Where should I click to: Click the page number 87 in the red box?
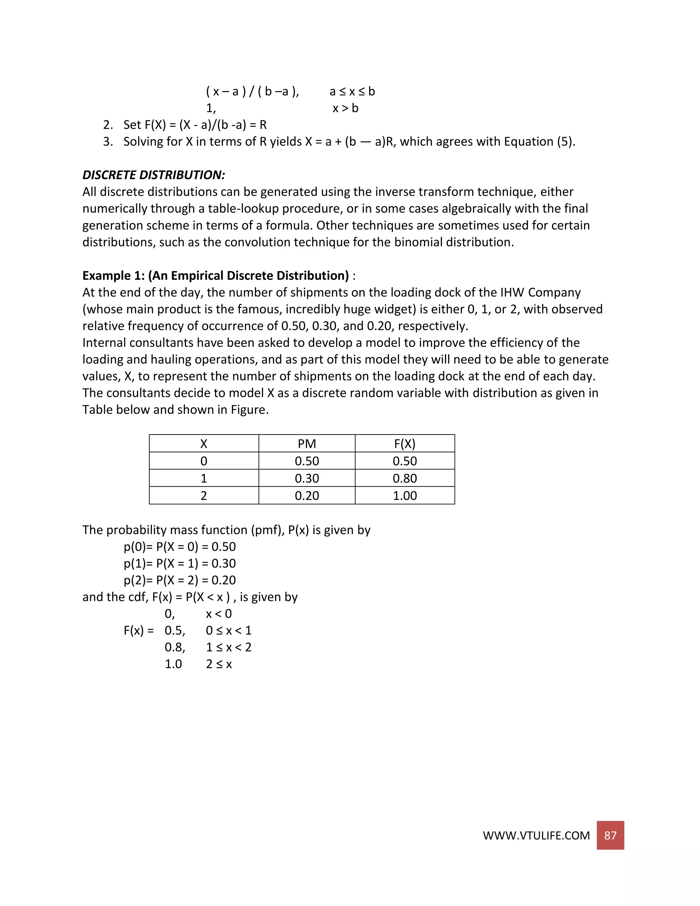[x=610, y=835]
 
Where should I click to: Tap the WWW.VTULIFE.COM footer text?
[x=536, y=836]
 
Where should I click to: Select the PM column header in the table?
[x=307, y=444]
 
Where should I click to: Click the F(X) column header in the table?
[x=405, y=444]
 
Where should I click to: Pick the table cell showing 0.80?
[x=405, y=478]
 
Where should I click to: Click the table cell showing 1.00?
[x=405, y=496]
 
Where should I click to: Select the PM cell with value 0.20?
[x=307, y=496]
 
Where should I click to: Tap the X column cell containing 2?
[x=204, y=496]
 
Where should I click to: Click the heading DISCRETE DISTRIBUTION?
[x=153, y=175]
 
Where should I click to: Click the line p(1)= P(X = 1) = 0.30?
[x=179, y=563]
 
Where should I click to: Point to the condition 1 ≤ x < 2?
[x=229, y=648]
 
